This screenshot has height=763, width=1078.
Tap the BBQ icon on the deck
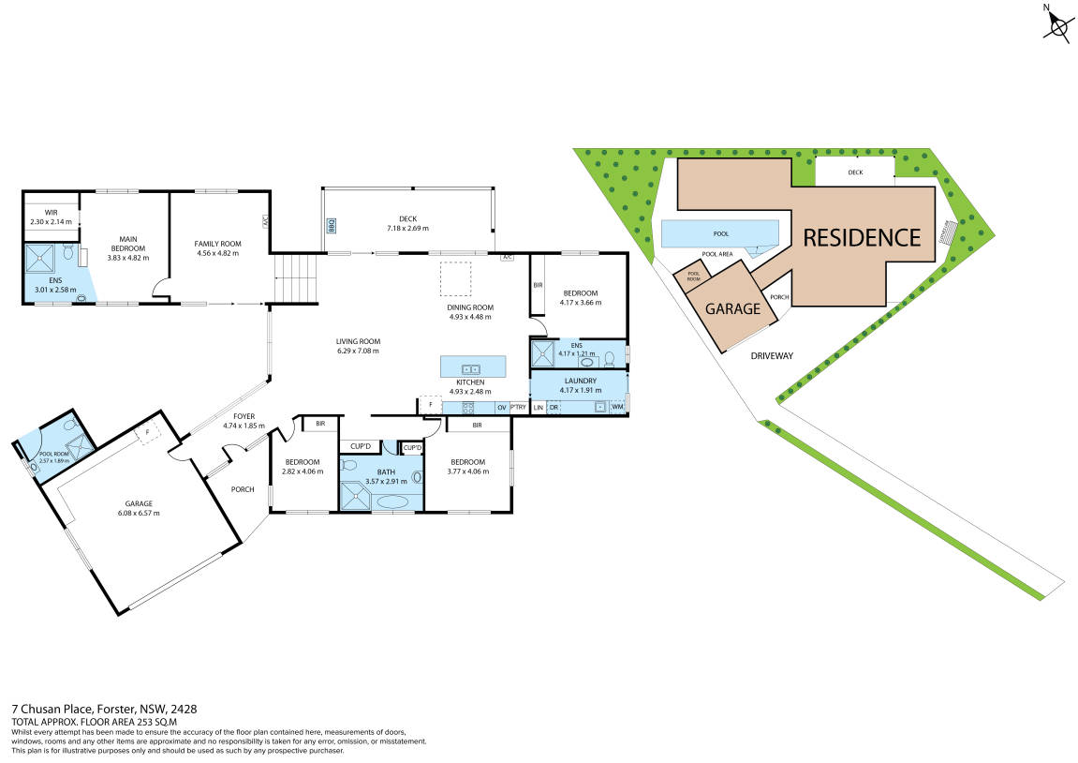click(331, 225)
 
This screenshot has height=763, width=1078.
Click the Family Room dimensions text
click(217, 253)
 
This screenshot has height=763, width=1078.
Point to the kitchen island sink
click(471, 368)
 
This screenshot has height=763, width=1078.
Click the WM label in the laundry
click(617, 407)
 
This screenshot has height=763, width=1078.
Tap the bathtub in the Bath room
click(391, 501)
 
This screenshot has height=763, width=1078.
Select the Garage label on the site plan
click(732, 307)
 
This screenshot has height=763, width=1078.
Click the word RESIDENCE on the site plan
click(863, 237)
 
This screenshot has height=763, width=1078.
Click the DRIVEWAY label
click(772, 356)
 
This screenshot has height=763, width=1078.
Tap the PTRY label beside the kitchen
click(518, 407)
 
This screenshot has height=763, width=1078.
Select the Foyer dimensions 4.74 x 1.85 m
click(244, 426)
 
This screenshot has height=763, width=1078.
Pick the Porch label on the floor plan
click(243, 488)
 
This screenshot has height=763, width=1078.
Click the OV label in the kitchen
click(501, 407)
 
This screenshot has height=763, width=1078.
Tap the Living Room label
click(359, 341)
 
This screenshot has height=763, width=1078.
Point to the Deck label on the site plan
click(855, 172)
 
